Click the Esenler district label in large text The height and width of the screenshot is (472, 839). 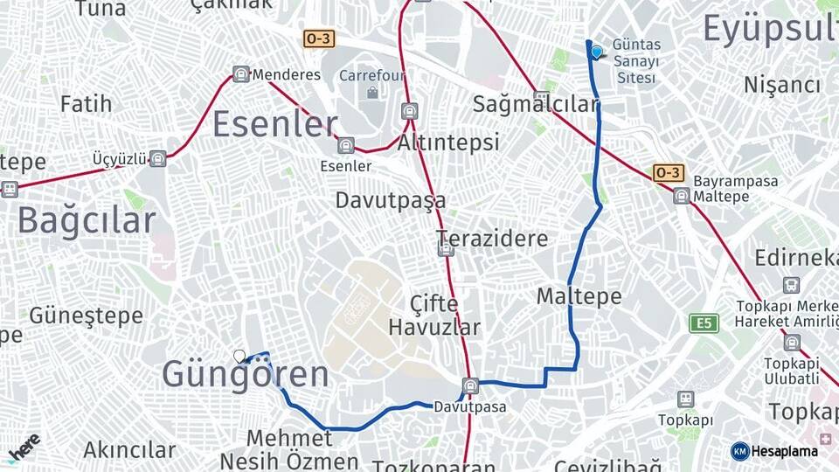tap(274, 124)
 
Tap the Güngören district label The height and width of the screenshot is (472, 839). tap(246, 375)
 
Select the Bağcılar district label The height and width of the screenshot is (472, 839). tap(86, 220)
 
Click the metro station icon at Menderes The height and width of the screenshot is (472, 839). tap(241, 74)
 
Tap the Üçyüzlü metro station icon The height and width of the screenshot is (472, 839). tap(157, 158)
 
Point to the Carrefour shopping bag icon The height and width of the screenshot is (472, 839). tap(373, 92)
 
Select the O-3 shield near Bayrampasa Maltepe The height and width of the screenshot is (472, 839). tap(668, 172)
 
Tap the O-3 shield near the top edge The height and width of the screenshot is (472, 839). tap(318, 38)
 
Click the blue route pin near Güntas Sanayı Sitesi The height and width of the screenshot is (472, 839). tap(597, 52)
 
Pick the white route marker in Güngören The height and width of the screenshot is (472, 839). tap(239, 356)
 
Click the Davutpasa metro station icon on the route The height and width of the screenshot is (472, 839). tap(470, 385)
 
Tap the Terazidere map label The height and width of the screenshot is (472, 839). tap(493, 239)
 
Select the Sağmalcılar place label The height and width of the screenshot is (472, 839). tap(535, 104)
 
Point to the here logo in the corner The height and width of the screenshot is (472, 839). tap(24, 448)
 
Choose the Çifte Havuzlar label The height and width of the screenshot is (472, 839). tap(434, 316)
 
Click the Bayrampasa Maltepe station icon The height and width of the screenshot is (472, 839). tap(681, 196)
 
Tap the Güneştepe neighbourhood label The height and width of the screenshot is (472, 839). tap(86, 315)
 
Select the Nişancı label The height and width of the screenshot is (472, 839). tap(782, 85)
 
